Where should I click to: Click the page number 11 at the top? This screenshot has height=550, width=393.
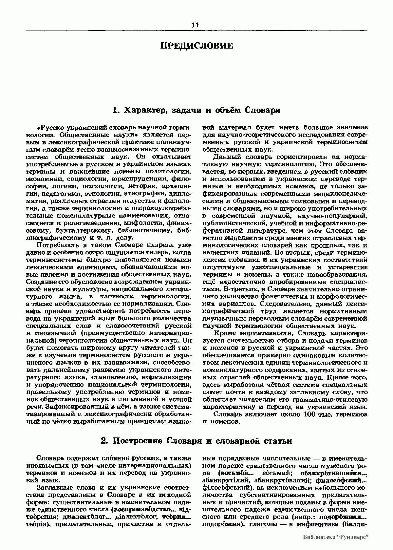pos(196,25)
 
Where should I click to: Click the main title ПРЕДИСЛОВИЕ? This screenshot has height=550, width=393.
pos(196,45)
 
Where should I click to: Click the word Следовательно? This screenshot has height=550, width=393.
pos(283,304)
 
